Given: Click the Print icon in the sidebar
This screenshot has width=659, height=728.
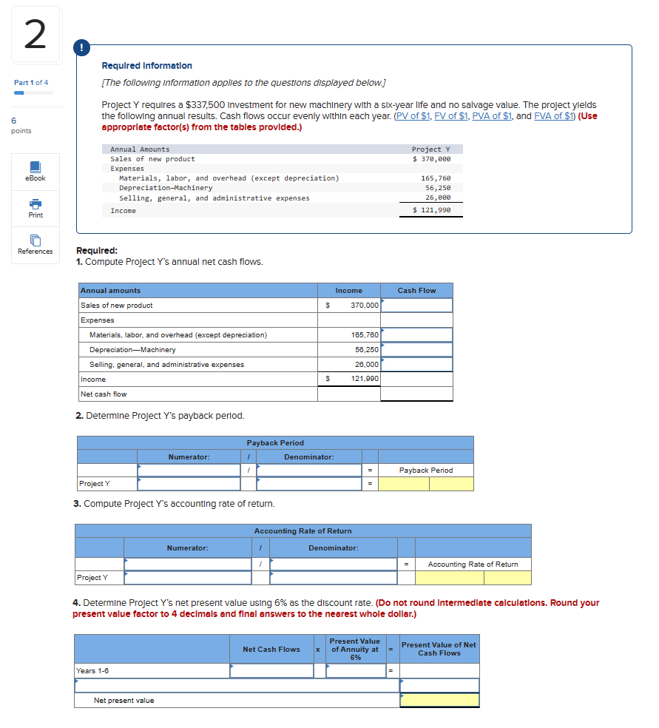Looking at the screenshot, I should click(36, 203).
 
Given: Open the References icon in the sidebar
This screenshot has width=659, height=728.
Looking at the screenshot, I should click(36, 240).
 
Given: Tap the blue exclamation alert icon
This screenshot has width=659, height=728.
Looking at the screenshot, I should click(79, 48).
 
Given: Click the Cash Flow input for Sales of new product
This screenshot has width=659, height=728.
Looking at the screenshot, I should click(416, 306).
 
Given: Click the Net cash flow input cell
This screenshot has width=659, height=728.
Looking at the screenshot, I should click(416, 394).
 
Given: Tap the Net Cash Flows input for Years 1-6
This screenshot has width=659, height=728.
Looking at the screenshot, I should click(271, 671).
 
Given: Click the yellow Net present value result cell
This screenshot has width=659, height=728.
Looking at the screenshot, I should click(439, 700).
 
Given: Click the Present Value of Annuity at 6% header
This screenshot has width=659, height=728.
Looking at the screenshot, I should click(354, 650).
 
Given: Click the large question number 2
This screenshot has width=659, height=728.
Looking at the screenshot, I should click(36, 35).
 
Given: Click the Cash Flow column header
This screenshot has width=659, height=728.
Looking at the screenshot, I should click(416, 291).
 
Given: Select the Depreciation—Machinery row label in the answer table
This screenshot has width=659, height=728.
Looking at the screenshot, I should click(133, 350).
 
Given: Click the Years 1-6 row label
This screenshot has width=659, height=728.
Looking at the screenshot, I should click(93, 671).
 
